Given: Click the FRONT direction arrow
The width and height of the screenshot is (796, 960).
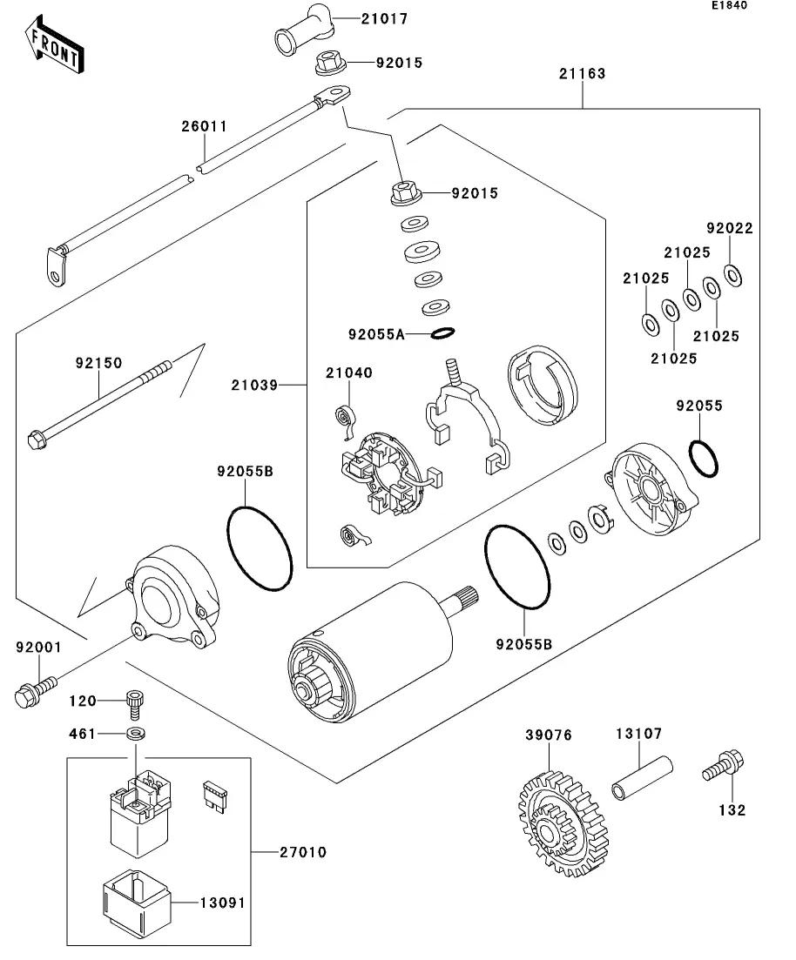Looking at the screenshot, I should tap(54, 49).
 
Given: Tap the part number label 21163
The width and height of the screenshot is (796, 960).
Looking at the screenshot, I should tap(582, 74).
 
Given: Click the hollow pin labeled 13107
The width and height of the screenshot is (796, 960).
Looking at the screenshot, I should tap(644, 779).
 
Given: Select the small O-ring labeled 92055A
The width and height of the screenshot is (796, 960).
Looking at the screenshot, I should tap(442, 333).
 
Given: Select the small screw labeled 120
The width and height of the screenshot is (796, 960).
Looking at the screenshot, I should tap(134, 700).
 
